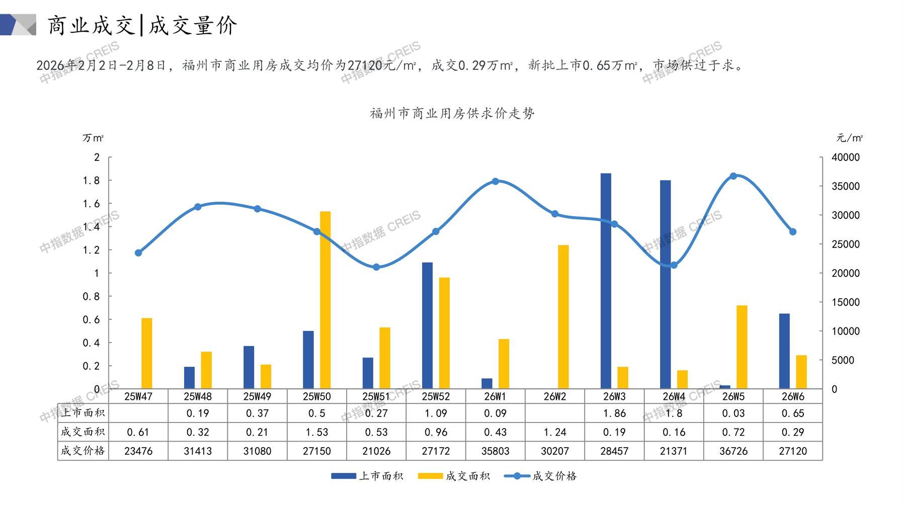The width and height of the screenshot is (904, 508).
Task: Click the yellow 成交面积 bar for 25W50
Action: click(x=325, y=300)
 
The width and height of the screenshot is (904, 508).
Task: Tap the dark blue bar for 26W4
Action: click(x=665, y=284)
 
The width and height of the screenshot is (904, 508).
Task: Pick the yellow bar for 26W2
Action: click(x=563, y=317)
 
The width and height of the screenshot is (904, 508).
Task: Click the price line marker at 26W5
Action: click(x=733, y=176)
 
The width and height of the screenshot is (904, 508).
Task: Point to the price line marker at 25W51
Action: click(x=376, y=267)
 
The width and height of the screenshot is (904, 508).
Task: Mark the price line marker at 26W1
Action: click(x=496, y=181)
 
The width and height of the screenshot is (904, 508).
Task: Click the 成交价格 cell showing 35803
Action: click(x=495, y=451)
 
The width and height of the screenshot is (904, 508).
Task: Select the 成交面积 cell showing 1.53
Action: click(x=316, y=432)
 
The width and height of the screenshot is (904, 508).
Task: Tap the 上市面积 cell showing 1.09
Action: click(x=436, y=413)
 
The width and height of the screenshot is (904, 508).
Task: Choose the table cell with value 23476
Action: click(x=138, y=451)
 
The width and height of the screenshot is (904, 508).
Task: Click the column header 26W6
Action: click(x=793, y=396)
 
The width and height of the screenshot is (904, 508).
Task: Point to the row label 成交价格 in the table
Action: click(x=83, y=451)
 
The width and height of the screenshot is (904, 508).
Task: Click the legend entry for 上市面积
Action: click(x=367, y=476)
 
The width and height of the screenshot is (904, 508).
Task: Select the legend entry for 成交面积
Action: click(x=454, y=476)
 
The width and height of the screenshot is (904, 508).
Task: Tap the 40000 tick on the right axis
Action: click(x=845, y=157)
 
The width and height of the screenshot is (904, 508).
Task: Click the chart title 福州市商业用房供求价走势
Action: click(x=452, y=113)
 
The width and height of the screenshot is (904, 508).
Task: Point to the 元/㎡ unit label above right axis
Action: click(x=849, y=138)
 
